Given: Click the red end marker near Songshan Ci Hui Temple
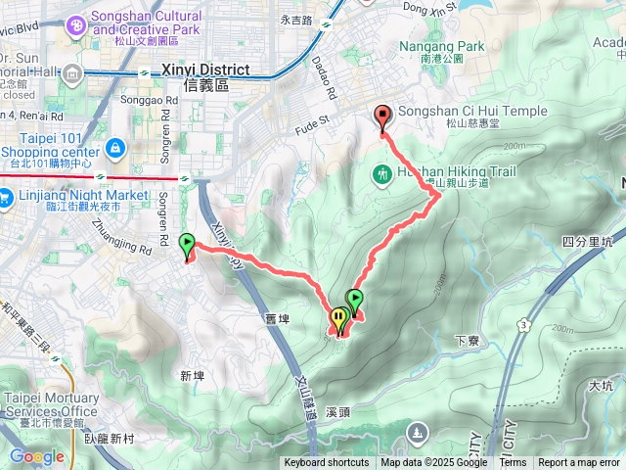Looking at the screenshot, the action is click(381, 117).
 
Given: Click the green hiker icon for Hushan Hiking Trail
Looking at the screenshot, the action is click(381, 174).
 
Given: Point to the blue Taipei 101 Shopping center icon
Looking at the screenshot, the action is click(116, 148).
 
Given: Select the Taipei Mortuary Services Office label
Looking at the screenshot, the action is click(51, 404).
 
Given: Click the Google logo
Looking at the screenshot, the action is click(36, 456).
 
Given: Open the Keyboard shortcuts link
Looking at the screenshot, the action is click(327, 463).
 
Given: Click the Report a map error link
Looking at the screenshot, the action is click(579, 463).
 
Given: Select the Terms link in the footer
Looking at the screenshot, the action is click(513, 463).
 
